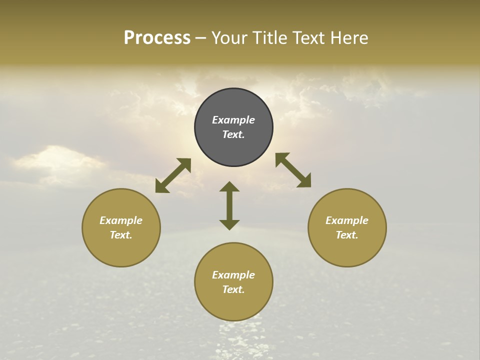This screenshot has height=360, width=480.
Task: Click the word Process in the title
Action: (157, 38)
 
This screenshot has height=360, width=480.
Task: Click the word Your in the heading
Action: (231, 38)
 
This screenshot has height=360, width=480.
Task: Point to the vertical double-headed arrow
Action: (229, 205)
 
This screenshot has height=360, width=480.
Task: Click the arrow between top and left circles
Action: (173, 175)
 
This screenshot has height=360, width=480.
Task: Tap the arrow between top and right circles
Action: (293, 170)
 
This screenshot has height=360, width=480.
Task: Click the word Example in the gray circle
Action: (233, 120)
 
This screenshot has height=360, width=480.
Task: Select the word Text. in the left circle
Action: (121, 235)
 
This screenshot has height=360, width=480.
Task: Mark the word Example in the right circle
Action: (347, 220)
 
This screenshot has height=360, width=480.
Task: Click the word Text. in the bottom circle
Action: (233, 289)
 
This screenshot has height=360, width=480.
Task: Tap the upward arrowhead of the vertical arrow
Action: (229, 186)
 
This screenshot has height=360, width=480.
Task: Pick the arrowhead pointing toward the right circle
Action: (304, 181)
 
